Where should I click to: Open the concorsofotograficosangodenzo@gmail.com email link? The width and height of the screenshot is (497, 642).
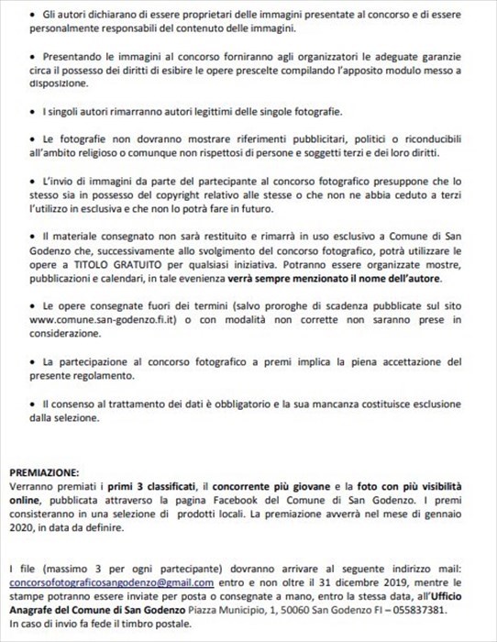coord(112,583)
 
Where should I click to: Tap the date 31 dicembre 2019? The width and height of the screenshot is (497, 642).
coord(338,583)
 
